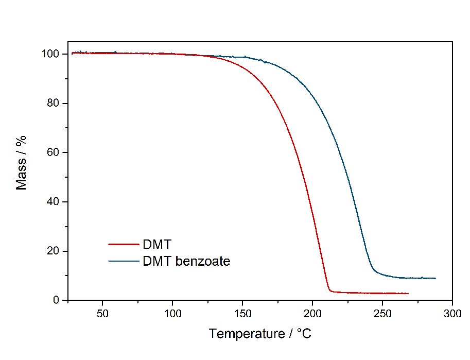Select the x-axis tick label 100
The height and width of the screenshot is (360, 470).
[x=172, y=314]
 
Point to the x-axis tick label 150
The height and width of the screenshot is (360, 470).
[x=242, y=314]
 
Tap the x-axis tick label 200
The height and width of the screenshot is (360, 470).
[x=312, y=314]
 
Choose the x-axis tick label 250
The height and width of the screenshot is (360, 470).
[x=382, y=314]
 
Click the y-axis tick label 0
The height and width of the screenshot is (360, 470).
[x=58, y=300]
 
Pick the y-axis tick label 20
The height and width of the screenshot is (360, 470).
[x=56, y=251]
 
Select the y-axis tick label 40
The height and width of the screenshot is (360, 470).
[x=56, y=202]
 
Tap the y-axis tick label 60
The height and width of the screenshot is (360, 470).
[x=56, y=153]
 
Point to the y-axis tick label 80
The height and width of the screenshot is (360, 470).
[x=56, y=104]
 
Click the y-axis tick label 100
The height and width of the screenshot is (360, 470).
[x=53, y=54]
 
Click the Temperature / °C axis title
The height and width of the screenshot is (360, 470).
[x=260, y=334]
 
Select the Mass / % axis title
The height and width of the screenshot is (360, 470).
[x=22, y=163]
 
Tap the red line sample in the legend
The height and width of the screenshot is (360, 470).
[x=124, y=244]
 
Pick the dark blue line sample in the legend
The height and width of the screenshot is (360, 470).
[x=124, y=261]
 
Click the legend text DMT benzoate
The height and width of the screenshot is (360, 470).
[x=186, y=261]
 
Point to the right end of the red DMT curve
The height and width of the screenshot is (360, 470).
[x=408, y=294]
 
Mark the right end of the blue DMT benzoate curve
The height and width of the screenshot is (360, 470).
[x=436, y=278]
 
